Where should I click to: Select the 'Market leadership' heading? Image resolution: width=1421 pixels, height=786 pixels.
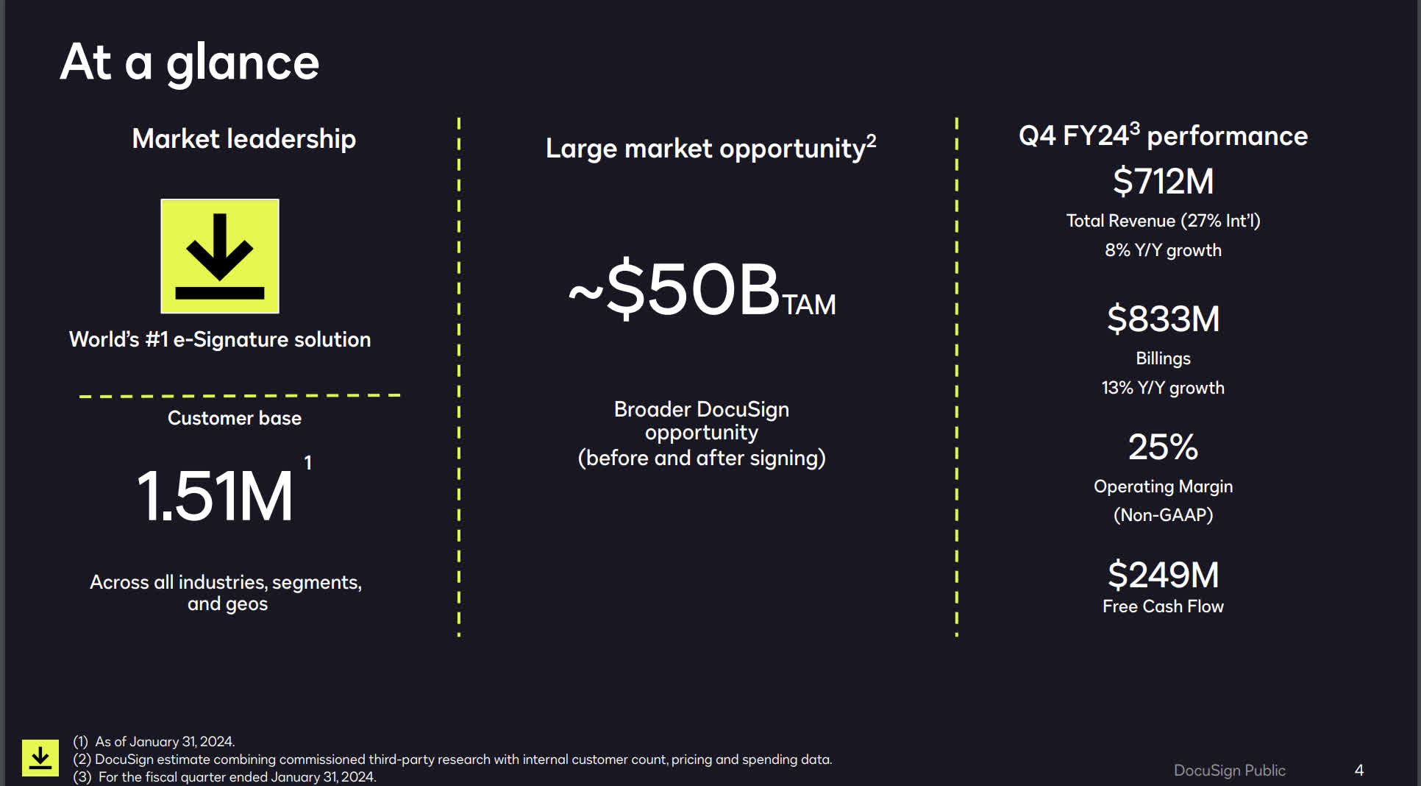tap(243, 138)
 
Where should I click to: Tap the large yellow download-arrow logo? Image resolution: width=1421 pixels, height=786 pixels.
tap(220, 256)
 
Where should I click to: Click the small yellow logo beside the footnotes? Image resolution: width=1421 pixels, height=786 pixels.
tap(40, 757)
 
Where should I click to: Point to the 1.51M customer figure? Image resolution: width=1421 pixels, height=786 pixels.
tap(215, 496)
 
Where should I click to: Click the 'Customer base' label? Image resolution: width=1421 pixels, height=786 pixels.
tap(235, 418)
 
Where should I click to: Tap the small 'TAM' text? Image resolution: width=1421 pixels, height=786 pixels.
tap(809, 305)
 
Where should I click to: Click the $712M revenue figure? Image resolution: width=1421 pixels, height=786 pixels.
tap(1163, 181)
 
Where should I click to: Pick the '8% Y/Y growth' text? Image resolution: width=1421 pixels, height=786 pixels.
tap(1163, 250)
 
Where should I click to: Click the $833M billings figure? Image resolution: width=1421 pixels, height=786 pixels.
tap(1163, 319)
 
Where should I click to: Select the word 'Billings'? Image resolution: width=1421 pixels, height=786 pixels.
tap(1163, 358)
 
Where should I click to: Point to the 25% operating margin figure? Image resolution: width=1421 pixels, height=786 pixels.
tap(1163, 447)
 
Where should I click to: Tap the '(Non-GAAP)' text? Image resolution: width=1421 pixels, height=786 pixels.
tap(1163, 515)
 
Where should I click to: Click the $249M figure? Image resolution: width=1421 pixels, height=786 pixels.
tap(1163, 575)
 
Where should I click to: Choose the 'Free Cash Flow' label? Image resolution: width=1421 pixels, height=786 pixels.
tap(1163, 606)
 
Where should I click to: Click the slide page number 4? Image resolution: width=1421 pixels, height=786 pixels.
tap(1359, 770)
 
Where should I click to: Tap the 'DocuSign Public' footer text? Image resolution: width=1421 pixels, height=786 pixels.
tap(1229, 770)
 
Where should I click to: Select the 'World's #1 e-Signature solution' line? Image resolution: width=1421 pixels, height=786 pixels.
tap(220, 339)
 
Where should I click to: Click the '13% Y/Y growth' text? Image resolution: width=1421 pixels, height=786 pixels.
tap(1163, 388)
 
